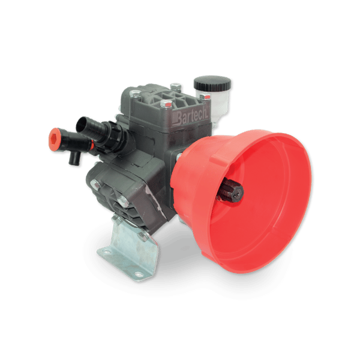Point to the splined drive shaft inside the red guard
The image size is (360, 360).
coord(230,193)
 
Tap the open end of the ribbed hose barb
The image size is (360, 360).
coord(81,125)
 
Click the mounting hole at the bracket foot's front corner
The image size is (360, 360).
coord(139,274)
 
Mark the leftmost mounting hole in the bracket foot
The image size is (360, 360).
coord(106,251)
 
